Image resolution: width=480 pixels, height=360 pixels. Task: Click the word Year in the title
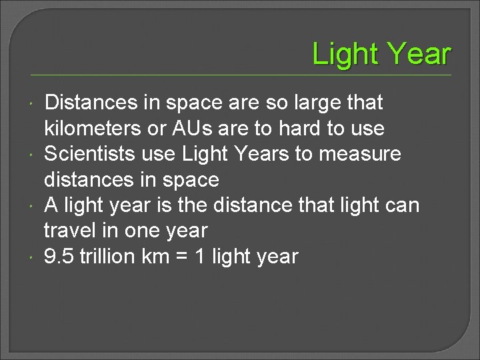419,54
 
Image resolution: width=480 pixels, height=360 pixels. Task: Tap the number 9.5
59,257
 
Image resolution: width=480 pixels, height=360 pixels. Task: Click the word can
403,205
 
